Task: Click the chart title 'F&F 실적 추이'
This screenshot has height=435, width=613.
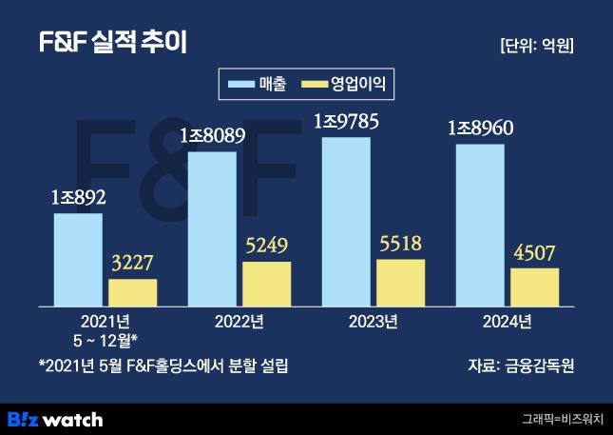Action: [112, 43]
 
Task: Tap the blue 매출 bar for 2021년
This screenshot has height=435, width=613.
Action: [78, 259]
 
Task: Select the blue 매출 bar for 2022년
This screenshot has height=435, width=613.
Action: [212, 228]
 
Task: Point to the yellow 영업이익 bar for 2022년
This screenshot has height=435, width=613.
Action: [266, 283]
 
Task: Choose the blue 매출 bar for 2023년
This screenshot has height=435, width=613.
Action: [346, 221]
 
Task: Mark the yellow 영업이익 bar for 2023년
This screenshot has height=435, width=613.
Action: [400, 282]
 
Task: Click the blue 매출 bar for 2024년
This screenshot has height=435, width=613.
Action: [480, 225]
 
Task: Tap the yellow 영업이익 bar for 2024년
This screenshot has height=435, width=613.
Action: [534, 287]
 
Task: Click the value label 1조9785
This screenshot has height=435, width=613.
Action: [346, 121]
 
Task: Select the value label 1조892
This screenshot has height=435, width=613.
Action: [78, 197]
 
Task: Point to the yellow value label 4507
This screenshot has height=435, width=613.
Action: [534, 252]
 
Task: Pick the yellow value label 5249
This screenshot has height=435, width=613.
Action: [266, 246]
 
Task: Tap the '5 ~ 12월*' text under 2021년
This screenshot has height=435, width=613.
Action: [105, 338]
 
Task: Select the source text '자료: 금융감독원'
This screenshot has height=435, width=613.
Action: [522, 366]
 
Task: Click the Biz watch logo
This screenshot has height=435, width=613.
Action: [55, 418]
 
